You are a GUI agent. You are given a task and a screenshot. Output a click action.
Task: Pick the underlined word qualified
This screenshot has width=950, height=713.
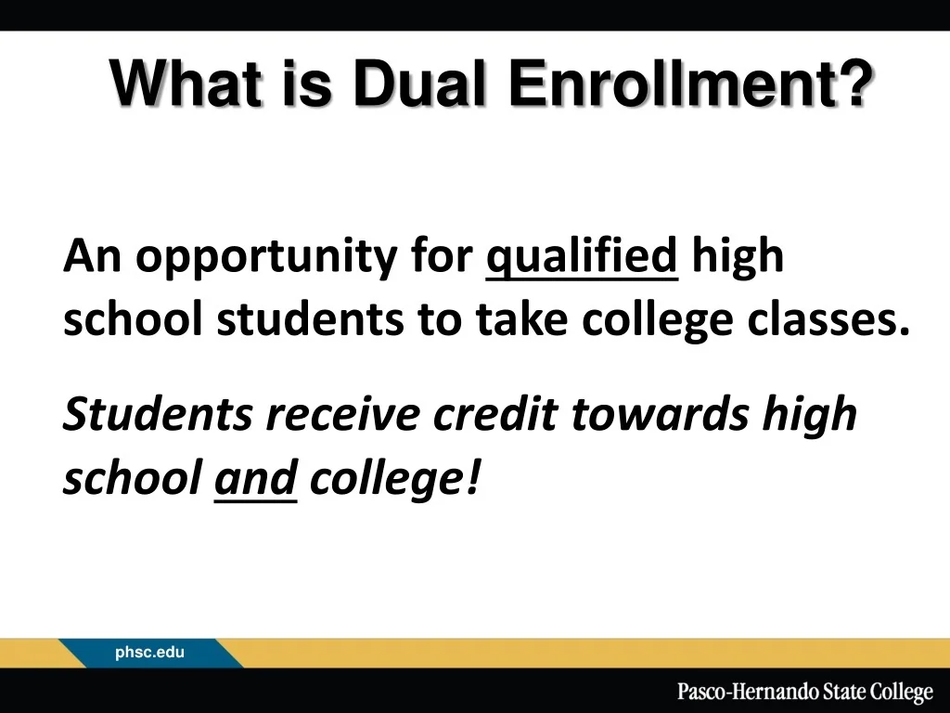tap(583, 255)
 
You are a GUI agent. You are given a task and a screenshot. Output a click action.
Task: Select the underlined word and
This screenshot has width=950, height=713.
tap(255, 479)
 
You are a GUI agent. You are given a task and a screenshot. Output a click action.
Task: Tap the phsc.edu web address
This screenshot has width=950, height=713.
tap(149, 654)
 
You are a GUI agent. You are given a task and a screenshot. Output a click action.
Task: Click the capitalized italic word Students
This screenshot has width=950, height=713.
tap(157, 415)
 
